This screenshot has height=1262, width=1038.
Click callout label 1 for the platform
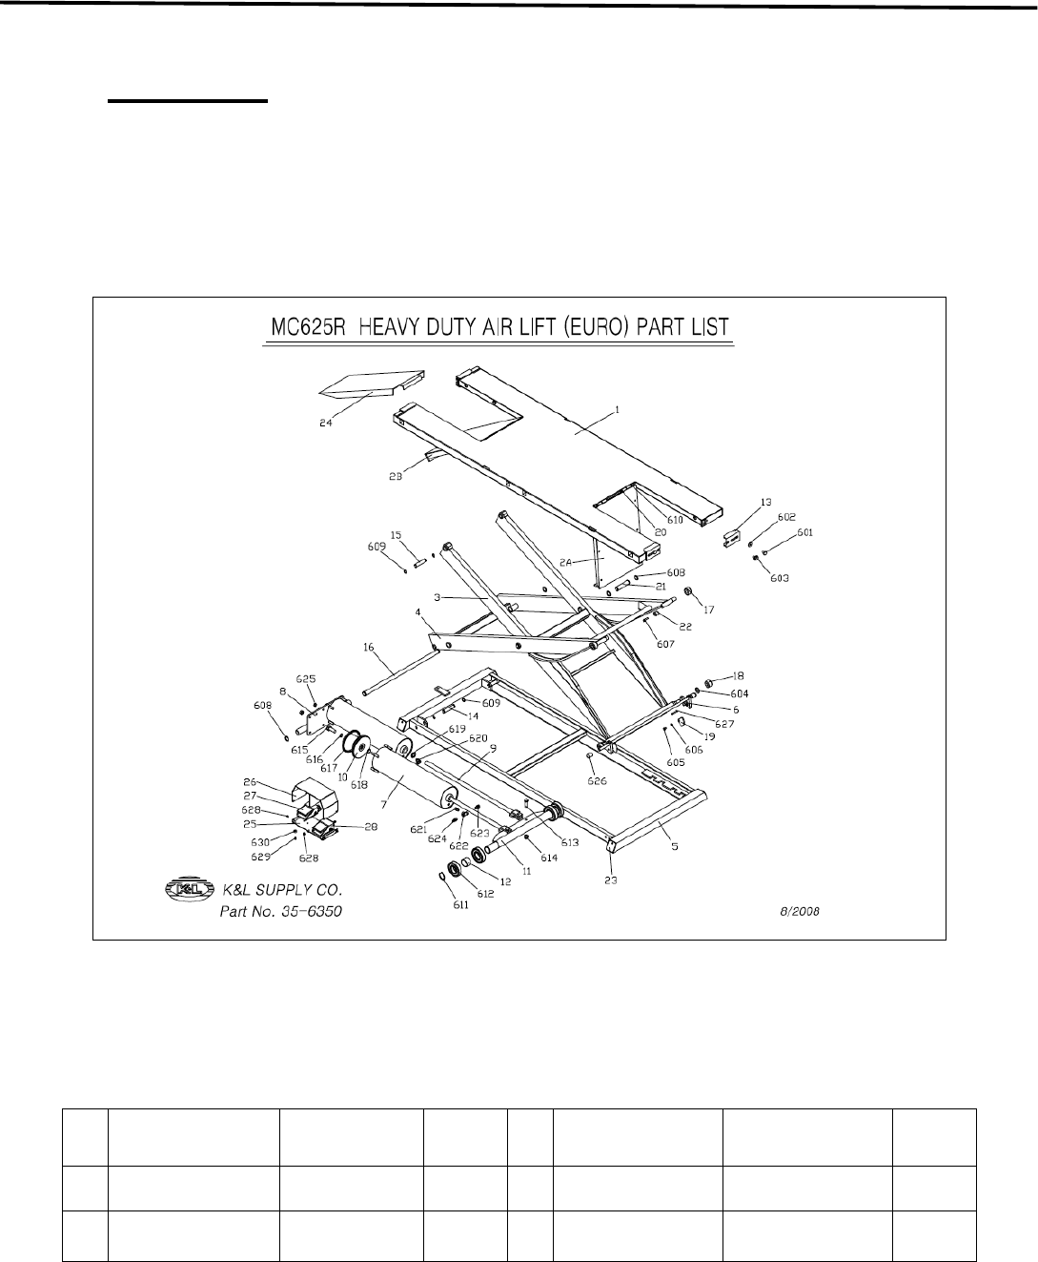click(x=617, y=408)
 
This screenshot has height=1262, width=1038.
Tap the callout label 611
click(x=460, y=904)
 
